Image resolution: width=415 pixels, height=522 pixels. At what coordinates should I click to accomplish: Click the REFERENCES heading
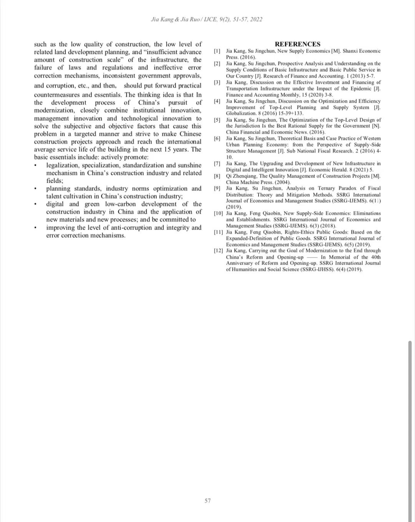pos(297,44)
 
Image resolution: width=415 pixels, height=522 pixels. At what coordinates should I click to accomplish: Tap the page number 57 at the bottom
pos(207,500)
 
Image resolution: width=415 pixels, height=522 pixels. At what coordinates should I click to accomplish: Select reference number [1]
pos(217,51)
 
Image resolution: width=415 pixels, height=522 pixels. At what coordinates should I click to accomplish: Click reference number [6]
pos(217,138)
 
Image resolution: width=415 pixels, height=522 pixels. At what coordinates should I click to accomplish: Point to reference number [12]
pos(218,251)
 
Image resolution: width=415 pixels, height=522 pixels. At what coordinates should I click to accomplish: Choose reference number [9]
pos(217,188)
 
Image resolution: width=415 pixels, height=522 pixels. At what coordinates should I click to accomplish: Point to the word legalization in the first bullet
pos(63,165)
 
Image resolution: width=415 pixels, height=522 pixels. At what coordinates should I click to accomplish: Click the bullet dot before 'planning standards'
pos(36,189)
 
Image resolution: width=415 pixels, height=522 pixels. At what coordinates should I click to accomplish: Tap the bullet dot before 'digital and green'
pos(36,204)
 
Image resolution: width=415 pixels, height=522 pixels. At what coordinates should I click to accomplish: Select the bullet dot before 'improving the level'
pos(36,228)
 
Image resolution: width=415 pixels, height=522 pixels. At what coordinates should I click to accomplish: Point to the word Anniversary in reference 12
pos(239,263)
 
